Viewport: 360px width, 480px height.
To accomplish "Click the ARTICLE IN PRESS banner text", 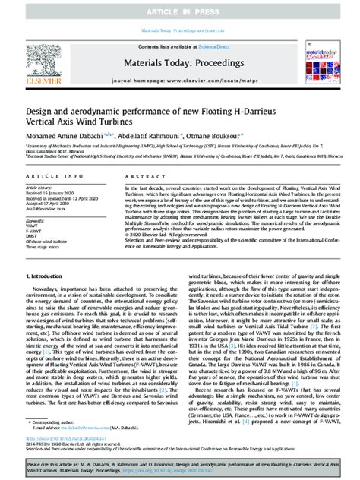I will pos(179,12).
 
